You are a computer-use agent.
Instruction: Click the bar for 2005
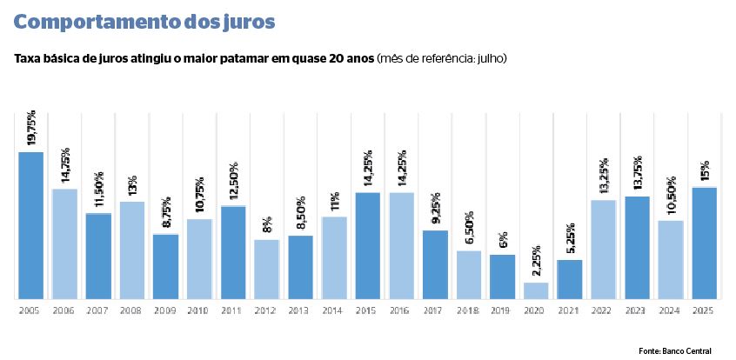pos(31,225)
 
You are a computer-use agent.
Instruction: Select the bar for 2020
pos(536,290)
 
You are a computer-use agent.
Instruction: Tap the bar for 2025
pos(705,243)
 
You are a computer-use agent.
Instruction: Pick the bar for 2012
pos(266,269)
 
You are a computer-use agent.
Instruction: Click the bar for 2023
pos(637,247)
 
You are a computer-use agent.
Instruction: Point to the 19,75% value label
pos(31,129)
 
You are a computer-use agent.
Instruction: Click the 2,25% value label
pos(536,259)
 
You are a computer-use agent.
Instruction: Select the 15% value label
pos(705,170)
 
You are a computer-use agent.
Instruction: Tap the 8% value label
pos(266,225)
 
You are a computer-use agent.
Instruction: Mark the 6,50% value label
pos(469,229)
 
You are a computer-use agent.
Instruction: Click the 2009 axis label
pos(165,309)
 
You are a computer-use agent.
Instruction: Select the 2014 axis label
pos(334,309)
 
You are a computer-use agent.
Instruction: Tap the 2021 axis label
pos(570,309)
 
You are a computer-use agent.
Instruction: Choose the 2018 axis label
pos(469,309)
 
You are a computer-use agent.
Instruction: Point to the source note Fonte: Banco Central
pos(674,350)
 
